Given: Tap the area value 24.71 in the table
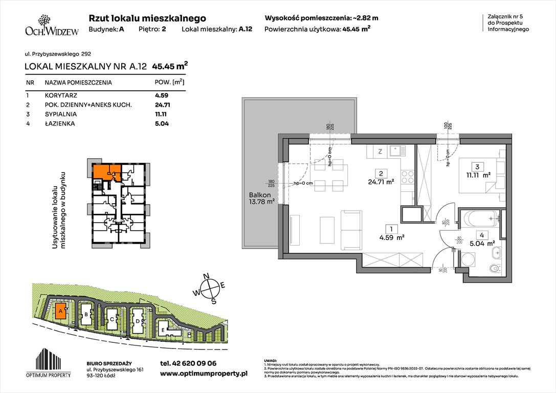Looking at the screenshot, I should [162, 104].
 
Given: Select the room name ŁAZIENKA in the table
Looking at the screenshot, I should [59, 123].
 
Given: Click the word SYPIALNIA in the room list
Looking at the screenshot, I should [60, 114].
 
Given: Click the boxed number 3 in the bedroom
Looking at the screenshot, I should [477, 166].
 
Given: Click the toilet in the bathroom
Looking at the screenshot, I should [494, 268].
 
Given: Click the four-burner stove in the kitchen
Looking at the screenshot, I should [407, 177].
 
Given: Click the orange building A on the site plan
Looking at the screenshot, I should [60, 311].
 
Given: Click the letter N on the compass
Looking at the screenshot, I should [208, 277].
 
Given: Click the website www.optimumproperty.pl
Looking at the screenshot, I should [204, 374].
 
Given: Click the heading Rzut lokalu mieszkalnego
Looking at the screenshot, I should [147, 18].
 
